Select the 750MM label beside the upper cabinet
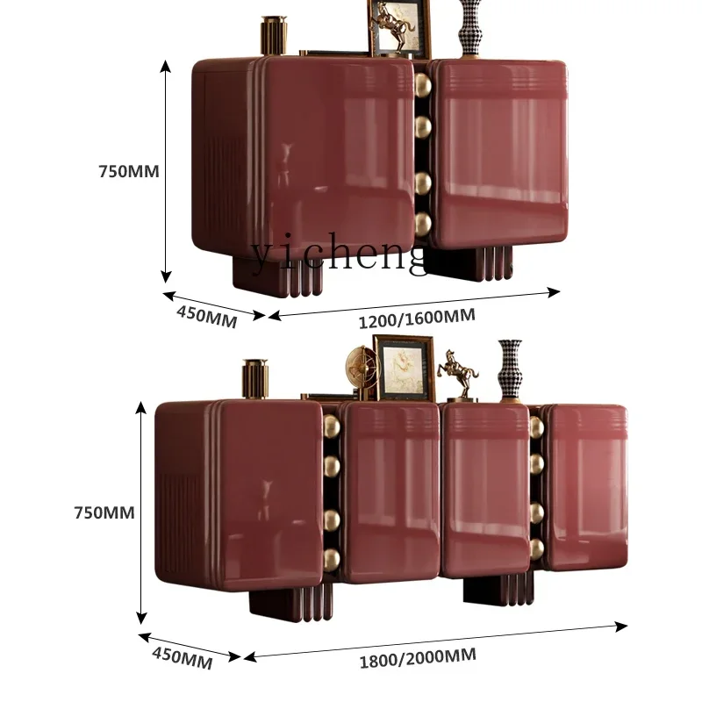coord(128,171)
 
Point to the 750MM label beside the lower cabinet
coord(104,512)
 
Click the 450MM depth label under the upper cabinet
coord(207,315)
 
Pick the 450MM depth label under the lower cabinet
coord(183,657)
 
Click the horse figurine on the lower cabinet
coord(458,374)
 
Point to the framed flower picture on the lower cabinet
coord(404,367)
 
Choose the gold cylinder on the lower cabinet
coord(255,380)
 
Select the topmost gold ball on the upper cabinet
coord(424,86)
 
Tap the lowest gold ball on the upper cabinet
coord(424,224)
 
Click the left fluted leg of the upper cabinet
coord(278,274)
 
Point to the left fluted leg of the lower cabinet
coord(291,602)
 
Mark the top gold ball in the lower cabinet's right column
coord(537,426)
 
